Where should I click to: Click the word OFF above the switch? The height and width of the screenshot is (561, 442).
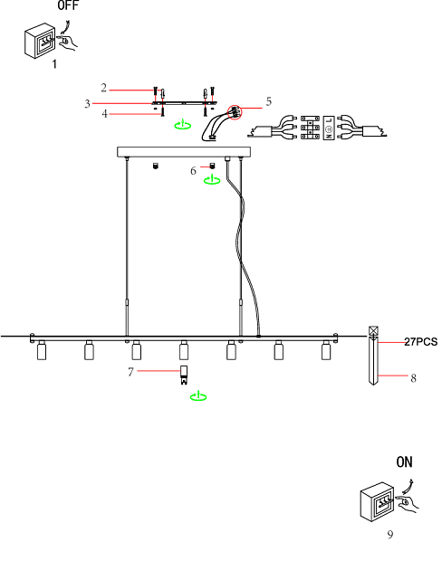[68, 5]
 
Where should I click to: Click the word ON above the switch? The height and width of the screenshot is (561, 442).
[404, 461]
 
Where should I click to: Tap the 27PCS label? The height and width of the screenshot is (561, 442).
[421, 342]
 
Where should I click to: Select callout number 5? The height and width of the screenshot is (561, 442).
[269, 101]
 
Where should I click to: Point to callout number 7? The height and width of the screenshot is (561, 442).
[130, 372]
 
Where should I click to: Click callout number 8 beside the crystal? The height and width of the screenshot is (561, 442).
[413, 378]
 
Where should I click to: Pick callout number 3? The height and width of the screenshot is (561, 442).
[87, 104]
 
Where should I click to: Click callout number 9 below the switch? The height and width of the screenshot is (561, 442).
[390, 535]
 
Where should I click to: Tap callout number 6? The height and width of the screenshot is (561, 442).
[193, 171]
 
